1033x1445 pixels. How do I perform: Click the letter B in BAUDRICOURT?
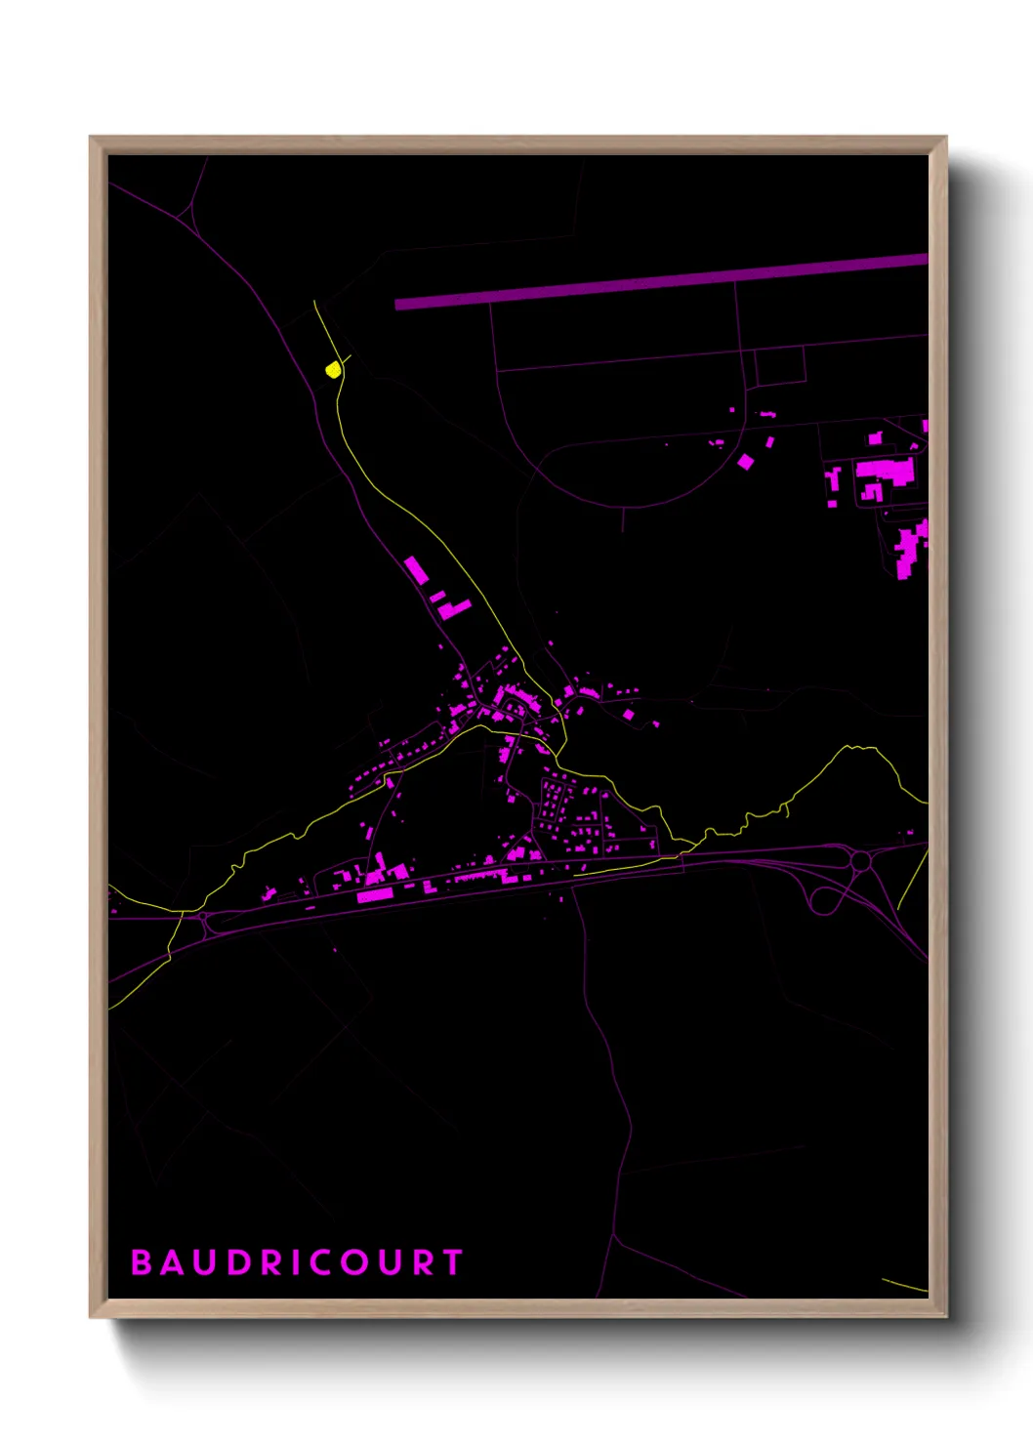(x=142, y=1262)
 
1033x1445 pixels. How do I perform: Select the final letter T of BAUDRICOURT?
(x=453, y=1262)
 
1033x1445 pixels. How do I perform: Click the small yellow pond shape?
(x=333, y=370)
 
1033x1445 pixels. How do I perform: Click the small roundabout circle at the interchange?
(x=861, y=861)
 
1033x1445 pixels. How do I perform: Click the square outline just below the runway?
(x=780, y=365)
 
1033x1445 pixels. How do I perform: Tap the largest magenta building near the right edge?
(x=886, y=472)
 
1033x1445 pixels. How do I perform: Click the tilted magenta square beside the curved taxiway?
(x=745, y=461)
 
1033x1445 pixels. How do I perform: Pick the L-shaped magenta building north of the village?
(x=453, y=609)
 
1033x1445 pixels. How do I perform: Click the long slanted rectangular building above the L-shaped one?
(x=416, y=570)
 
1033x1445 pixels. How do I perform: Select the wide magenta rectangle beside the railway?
(x=375, y=894)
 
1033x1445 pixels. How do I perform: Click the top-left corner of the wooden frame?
(x=92, y=139)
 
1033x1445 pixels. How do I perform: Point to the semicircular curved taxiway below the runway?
(x=625, y=503)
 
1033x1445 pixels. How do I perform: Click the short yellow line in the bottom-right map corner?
(x=904, y=1285)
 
